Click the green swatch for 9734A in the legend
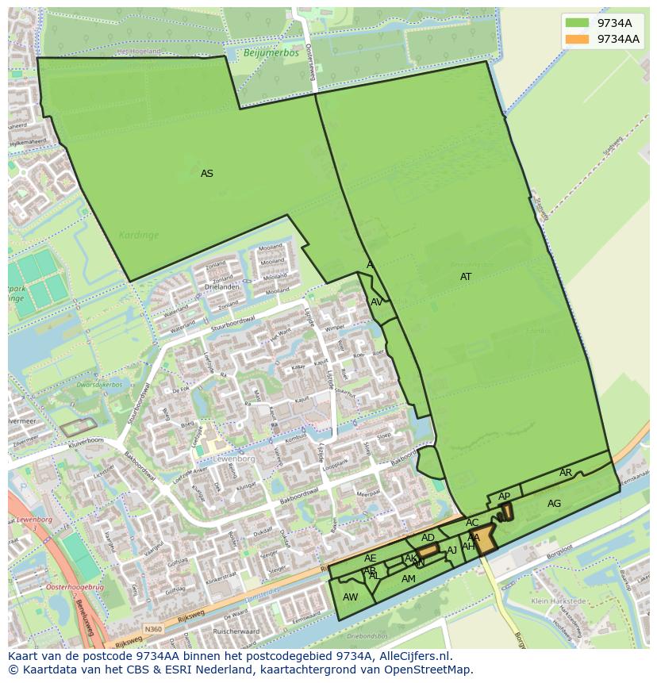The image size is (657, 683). pos(577,23)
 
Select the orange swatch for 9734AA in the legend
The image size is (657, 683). pos(577,39)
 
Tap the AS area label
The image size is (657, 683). pos(207,174)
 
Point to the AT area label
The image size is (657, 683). pos(466,277)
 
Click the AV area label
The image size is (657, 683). pos(377,302)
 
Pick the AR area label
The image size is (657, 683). pos(566,473)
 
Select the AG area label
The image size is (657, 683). pos(554,504)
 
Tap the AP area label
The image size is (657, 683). pos(505,497)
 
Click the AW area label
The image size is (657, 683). pos(350,597)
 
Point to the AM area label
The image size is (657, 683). pos(409,579)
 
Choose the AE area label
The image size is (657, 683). pos(371,558)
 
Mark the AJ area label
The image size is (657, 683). pos(452,551)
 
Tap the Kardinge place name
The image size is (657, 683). pos(139,235)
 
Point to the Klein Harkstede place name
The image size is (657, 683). pos(559,601)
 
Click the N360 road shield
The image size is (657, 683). pos(154,629)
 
